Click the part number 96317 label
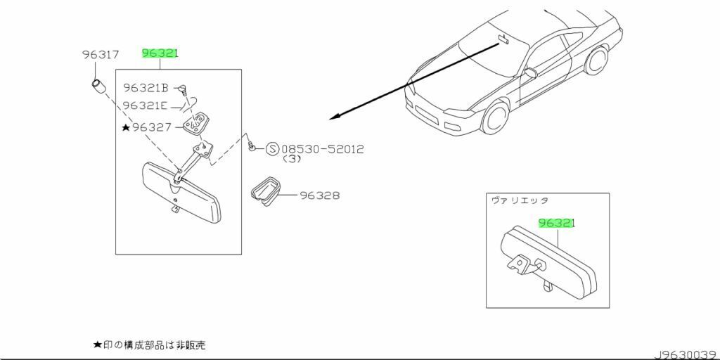point(100,54)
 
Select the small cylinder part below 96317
point(98,89)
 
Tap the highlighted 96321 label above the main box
point(160,53)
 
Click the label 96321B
point(146,88)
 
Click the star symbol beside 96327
point(126,127)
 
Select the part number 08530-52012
point(323,149)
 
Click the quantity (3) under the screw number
point(292,160)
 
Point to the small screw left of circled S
point(251,148)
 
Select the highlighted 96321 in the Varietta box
point(557,223)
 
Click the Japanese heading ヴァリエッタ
point(520,200)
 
